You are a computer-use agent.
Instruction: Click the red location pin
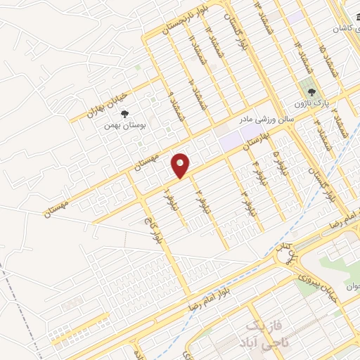181,165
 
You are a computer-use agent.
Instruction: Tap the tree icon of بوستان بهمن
124,114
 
